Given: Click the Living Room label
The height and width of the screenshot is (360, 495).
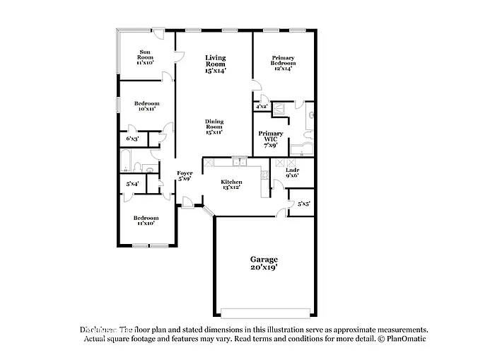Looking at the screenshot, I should pyautogui.click(x=215, y=64).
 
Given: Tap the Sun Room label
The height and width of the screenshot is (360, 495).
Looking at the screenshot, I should pyautogui.click(x=144, y=57).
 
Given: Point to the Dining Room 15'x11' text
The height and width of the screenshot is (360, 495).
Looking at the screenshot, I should pyautogui.click(x=214, y=127).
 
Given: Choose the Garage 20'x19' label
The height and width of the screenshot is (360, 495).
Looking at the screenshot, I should pyautogui.click(x=263, y=263).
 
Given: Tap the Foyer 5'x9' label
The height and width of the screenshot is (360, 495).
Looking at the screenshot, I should pyautogui.click(x=185, y=175).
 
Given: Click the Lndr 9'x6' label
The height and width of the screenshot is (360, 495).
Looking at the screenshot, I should pyautogui.click(x=292, y=173).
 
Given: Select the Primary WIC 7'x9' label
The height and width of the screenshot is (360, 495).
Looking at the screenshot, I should pyautogui.click(x=270, y=139).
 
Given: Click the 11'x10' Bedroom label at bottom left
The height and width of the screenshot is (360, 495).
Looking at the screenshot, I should pyautogui.click(x=146, y=220).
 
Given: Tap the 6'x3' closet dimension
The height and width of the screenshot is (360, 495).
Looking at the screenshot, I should pyautogui.click(x=132, y=139).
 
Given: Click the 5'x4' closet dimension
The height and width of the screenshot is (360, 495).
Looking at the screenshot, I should pyautogui.click(x=132, y=184).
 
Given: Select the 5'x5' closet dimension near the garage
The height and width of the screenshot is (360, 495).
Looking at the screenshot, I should pyautogui.click(x=303, y=204).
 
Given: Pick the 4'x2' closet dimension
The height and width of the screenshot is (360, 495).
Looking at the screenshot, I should pyautogui.click(x=261, y=107).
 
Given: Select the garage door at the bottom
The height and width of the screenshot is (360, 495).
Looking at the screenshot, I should pyautogui.click(x=265, y=313).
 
